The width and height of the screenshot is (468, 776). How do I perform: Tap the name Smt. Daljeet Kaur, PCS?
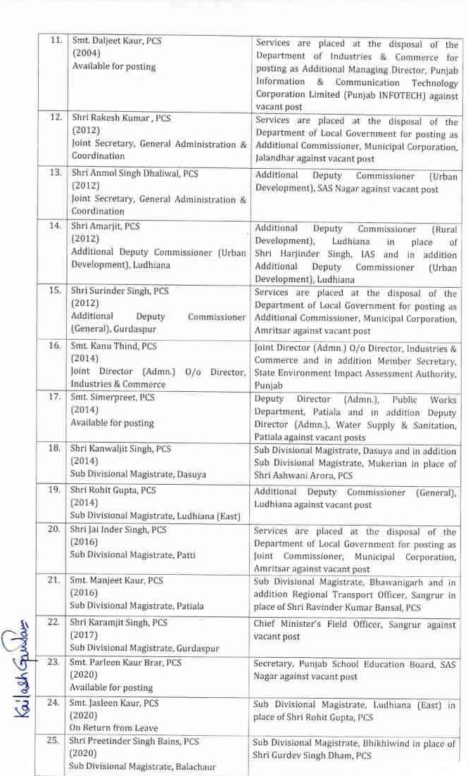click(116, 41)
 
